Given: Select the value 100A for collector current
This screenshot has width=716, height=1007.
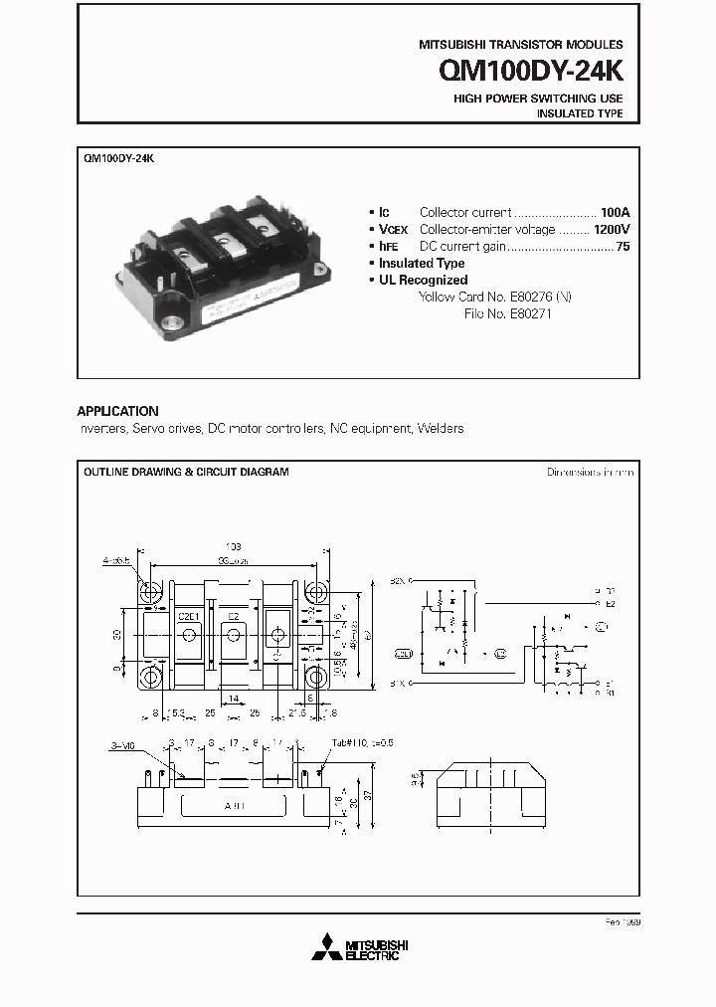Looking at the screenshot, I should pos(615,212).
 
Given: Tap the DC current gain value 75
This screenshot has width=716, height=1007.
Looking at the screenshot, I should pos(623,246).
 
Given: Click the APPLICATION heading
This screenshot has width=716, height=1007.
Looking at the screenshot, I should pos(117,411).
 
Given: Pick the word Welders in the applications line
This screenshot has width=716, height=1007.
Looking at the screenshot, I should pos(441,429).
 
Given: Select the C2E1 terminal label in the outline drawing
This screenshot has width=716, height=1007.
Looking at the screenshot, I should pos(190,616).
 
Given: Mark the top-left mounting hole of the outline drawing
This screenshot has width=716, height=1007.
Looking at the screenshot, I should pos(153,591).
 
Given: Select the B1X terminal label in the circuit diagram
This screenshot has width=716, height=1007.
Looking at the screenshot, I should pos(398,684).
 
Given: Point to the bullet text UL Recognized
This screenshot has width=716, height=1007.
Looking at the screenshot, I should pos(423,280).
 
